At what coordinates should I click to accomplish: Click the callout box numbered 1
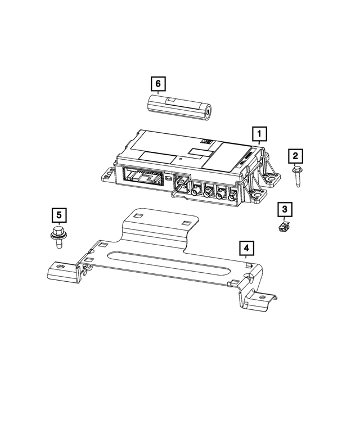point(259,134)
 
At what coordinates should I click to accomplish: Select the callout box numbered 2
point(296,155)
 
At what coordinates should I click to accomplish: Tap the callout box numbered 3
point(285,210)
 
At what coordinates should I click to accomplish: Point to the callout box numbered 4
point(246,248)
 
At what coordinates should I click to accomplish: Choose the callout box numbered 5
point(59,215)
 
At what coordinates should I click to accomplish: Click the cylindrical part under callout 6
point(178,107)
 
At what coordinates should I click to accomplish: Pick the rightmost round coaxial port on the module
point(232,196)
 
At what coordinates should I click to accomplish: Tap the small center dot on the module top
point(181,160)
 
